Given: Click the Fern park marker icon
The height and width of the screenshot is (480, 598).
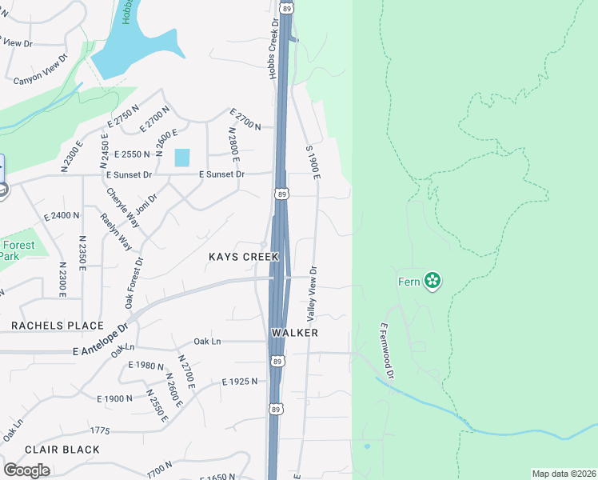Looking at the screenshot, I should coord(433,280).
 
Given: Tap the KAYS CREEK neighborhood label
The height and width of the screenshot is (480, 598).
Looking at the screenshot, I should coord(244,257).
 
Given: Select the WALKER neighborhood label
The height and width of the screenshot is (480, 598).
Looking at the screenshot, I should coord(294,332).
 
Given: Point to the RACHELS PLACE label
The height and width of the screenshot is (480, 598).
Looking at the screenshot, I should coord(58,326).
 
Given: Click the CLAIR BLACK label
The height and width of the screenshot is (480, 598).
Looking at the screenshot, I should coord(62,450).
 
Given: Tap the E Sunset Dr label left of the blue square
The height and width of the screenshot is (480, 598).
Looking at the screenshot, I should coord(129,174).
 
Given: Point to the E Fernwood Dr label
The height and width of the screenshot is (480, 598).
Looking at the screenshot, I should coord(387,351).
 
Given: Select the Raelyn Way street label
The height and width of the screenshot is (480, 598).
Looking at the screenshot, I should coord(116,232).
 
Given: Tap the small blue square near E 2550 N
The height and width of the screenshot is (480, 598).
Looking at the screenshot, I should coord(182,158).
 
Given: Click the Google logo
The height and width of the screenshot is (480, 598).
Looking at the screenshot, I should coord(26,470).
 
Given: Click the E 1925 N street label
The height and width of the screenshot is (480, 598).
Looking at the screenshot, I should coord(240,382).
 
